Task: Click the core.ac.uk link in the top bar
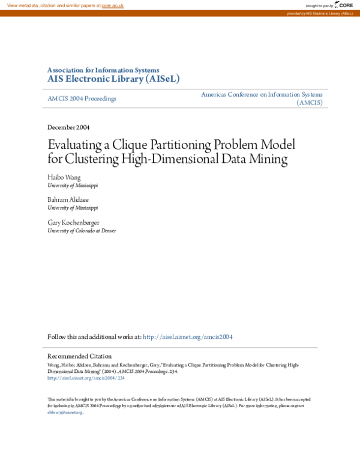(112, 5)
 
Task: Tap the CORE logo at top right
(344, 5)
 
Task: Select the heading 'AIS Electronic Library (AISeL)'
(113, 79)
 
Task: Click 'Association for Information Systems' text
(103, 70)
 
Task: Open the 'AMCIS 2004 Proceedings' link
(82, 98)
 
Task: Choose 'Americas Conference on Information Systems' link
(262, 94)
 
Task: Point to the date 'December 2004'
(68, 127)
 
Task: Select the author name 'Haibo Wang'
(64, 178)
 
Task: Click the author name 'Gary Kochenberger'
(74, 223)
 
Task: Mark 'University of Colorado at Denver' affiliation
(82, 231)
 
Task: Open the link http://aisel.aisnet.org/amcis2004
(187, 337)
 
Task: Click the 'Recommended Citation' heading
(79, 356)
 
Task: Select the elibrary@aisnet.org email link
(64, 413)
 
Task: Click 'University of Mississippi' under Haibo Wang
(72, 186)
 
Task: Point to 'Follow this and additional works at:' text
(94, 337)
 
